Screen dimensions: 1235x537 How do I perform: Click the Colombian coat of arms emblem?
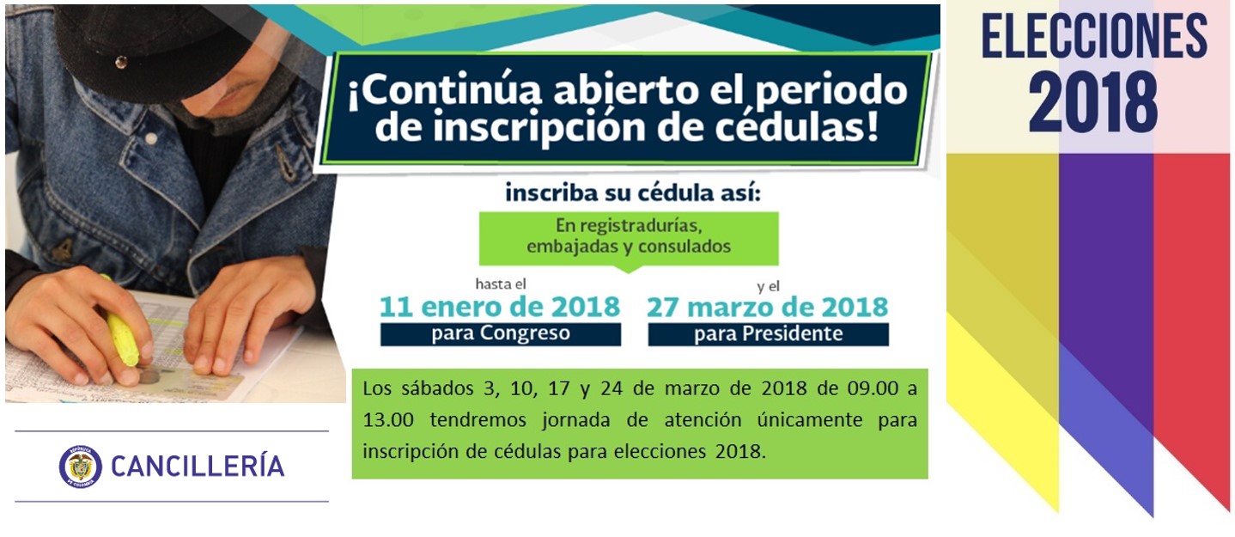click(x=81, y=467)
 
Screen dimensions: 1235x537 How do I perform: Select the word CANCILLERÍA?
click(x=198, y=467)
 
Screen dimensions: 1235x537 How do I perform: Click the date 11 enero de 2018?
click(x=500, y=307)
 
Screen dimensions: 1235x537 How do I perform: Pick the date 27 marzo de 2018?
click(x=768, y=308)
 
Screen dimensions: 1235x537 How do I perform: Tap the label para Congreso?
click(x=501, y=333)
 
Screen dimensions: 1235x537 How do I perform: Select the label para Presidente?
click(x=769, y=334)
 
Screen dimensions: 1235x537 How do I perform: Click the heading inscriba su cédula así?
click(x=633, y=193)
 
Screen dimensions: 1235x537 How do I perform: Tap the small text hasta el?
click(x=501, y=284)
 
